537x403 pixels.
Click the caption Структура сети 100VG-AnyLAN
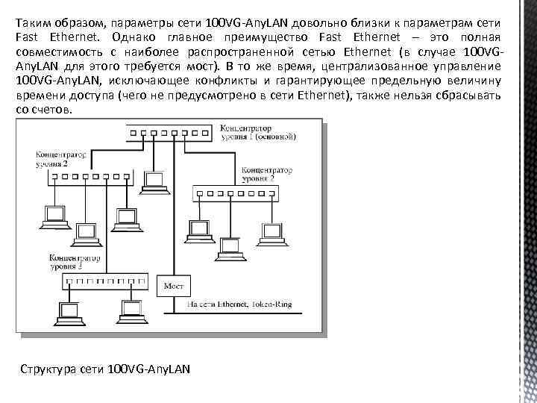coord(106,369)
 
